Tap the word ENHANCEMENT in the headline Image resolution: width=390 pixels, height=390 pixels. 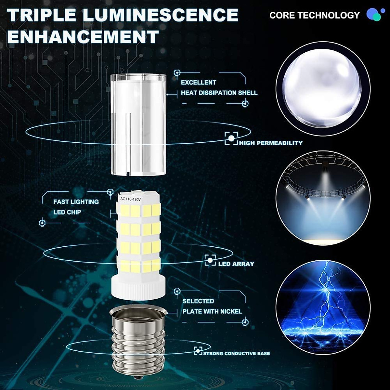(x=83, y=37)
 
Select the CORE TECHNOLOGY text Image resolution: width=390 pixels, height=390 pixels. (x=314, y=15)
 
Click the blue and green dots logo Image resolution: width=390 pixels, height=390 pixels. (x=374, y=15)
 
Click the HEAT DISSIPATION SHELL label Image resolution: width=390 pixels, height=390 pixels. (x=219, y=93)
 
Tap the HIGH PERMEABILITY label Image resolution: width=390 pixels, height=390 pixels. (x=271, y=143)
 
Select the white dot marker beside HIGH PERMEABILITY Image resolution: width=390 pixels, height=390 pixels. (x=231, y=138)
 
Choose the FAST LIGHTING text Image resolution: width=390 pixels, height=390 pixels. (x=76, y=202)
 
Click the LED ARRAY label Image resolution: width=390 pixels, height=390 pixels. (x=236, y=264)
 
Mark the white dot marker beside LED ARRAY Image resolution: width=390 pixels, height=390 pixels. (x=210, y=260)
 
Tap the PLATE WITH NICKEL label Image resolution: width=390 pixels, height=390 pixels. (x=212, y=311)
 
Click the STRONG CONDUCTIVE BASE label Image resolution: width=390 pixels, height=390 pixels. (x=236, y=354)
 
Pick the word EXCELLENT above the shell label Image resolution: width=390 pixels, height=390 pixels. (x=198, y=83)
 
